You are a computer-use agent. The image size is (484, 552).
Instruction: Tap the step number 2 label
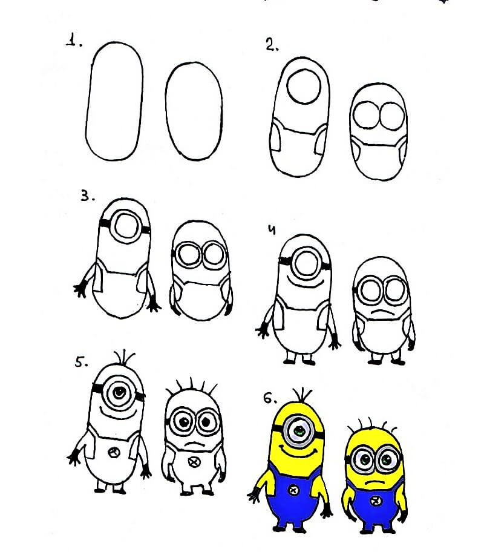[272, 45]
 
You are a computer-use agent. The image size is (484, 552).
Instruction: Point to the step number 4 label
[271, 230]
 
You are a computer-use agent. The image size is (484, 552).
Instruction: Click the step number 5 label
[81, 362]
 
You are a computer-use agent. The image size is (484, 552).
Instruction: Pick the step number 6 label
[270, 398]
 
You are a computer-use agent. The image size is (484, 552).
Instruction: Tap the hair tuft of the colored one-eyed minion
[302, 395]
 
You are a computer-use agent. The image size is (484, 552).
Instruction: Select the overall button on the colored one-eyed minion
[293, 490]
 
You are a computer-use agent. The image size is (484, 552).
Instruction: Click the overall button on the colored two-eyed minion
[376, 500]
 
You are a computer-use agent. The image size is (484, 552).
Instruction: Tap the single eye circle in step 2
[304, 86]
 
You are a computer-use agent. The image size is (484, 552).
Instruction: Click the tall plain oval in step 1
[114, 102]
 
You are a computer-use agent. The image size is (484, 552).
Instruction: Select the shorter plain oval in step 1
[194, 111]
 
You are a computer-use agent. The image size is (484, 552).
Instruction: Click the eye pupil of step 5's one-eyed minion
[119, 391]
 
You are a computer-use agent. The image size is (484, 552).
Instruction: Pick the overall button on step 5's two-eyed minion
[194, 462]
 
